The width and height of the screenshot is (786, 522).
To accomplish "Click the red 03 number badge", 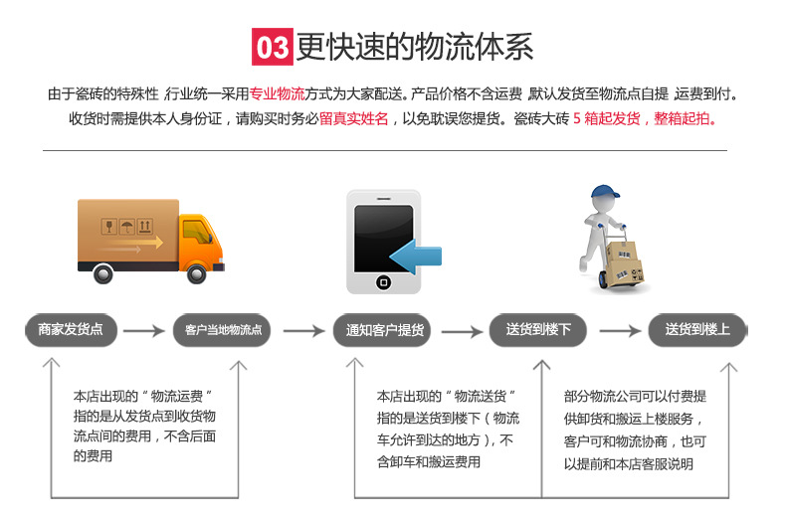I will coord(272,47).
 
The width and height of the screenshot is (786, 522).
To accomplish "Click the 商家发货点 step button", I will coord(70,330).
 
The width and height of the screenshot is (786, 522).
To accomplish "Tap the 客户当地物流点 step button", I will coord(222,330).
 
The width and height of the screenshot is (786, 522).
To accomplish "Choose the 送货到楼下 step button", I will coord(538,330).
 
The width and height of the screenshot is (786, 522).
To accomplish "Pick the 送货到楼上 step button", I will coord(696,330).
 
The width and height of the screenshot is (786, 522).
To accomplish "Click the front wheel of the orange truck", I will coord(198,271).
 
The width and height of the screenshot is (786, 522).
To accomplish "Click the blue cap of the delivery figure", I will coord(605,193).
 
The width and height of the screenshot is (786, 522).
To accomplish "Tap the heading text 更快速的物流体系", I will coord(415,47).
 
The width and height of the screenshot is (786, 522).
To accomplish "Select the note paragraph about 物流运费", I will coord(145,425).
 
